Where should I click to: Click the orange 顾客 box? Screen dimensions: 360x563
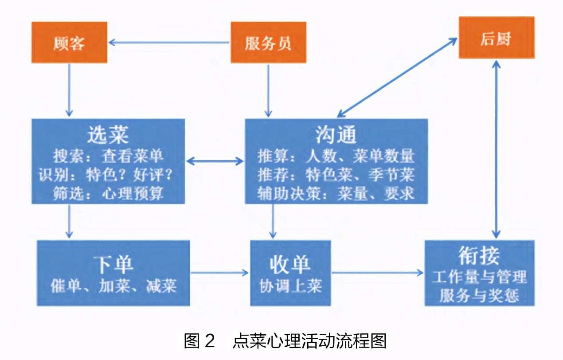tap(69, 43)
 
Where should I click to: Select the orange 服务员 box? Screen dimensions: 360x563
tap(268, 43)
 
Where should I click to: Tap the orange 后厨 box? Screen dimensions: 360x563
tap(496, 38)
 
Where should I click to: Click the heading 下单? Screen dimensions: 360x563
tap(113, 264)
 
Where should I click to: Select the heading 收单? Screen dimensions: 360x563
tap(290, 264)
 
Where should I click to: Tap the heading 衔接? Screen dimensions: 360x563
tap(479, 256)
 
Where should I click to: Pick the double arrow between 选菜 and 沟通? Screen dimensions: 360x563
tap(215, 161)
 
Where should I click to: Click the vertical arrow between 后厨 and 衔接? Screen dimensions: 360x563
tap(497, 149)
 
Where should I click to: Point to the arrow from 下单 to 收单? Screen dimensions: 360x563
tap(219, 273)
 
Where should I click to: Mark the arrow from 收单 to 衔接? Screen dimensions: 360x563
tap(377, 273)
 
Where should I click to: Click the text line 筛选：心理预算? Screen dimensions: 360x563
tap(109, 194)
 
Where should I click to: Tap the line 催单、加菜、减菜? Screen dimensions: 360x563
tap(113, 285)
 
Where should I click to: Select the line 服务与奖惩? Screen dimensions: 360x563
tap(479, 295)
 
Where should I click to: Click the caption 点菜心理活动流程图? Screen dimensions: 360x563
tap(309, 340)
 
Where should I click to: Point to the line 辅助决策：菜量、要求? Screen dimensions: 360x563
tap(336, 194)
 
